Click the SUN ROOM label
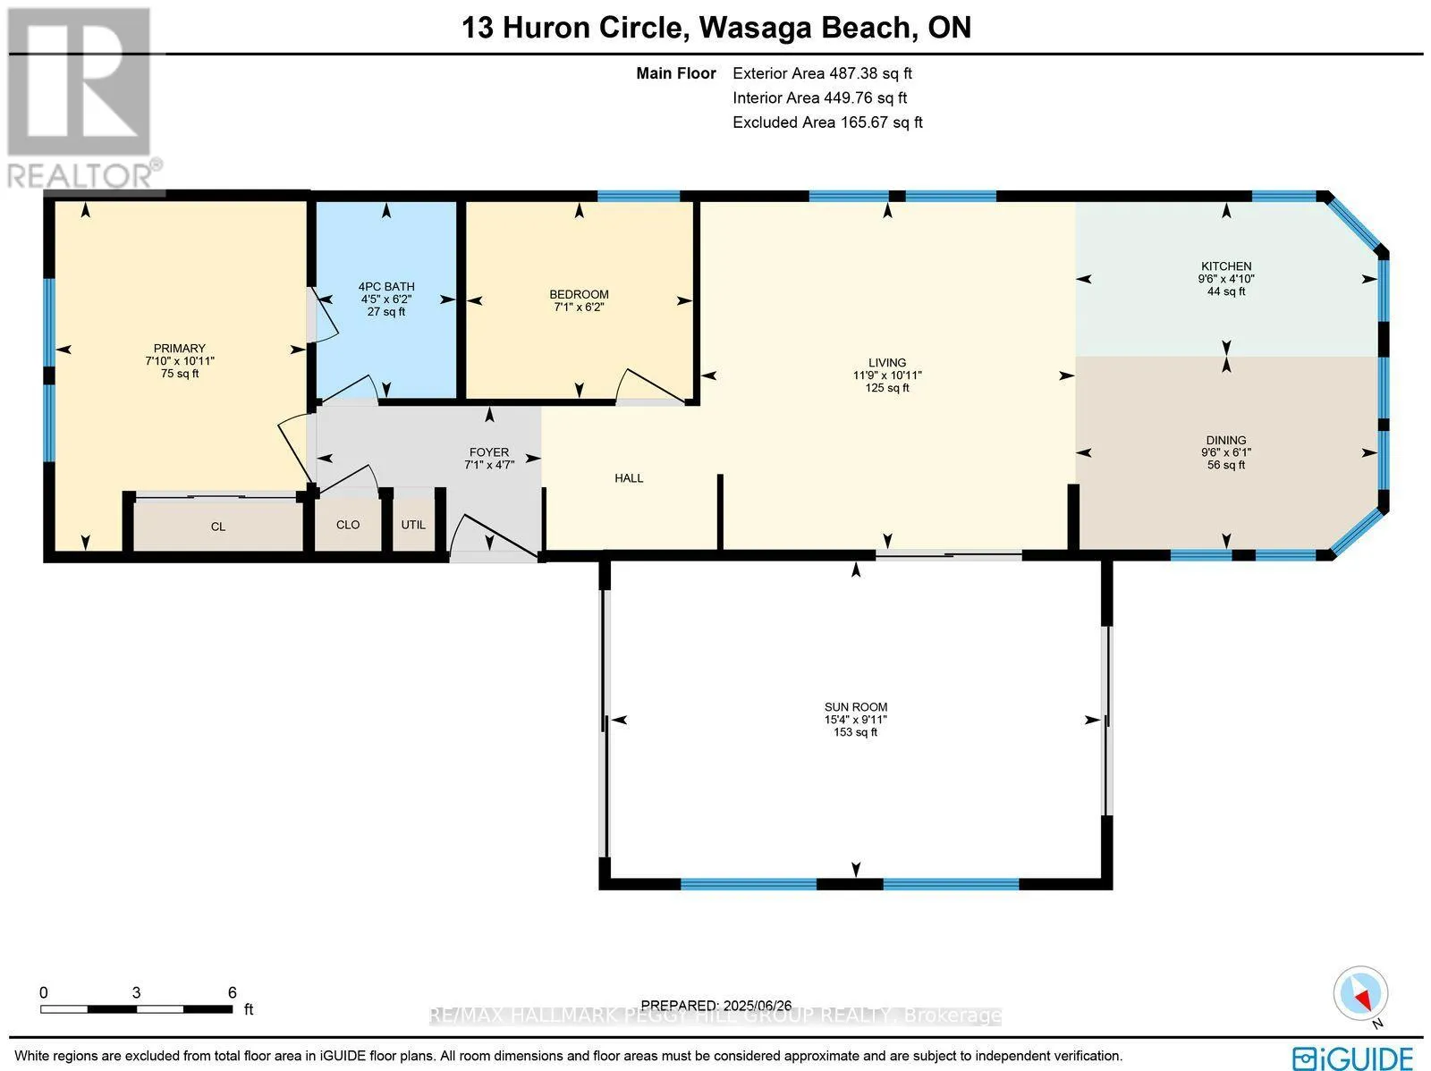[x=855, y=707]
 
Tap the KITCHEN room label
[x=1226, y=266]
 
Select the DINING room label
[x=1225, y=440]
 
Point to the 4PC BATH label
[x=386, y=287]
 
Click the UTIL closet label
[x=413, y=525]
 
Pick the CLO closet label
[x=348, y=525]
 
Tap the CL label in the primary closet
[x=217, y=527]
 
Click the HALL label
[x=629, y=478]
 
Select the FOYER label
[x=489, y=452]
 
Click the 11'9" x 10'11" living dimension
[x=887, y=375]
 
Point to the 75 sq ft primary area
[x=180, y=374]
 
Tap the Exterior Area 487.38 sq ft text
[x=822, y=73]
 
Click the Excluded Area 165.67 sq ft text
[x=827, y=122]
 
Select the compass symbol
[x=1360, y=993]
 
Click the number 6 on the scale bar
[x=232, y=992]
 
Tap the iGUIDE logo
[x=1353, y=1057]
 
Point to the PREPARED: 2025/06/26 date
[x=715, y=1005]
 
